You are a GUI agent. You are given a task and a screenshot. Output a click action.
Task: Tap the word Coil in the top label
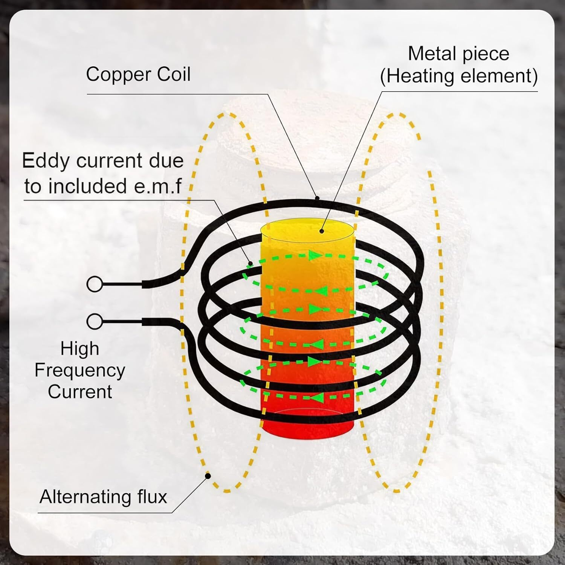[174, 74]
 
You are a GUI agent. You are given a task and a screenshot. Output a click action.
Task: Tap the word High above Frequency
[80, 349]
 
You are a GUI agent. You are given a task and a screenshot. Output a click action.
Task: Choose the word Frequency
[80, 371]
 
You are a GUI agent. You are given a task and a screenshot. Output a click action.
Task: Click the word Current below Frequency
[80, 392]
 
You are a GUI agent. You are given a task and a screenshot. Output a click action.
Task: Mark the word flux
[153, 497]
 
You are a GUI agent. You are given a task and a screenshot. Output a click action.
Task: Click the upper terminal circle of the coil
[95, 284]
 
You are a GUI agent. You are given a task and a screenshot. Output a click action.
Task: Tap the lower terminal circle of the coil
[95, 322]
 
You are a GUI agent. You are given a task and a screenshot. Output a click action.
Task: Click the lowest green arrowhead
[316, 397]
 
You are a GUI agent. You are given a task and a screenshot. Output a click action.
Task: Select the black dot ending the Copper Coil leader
[317, 198]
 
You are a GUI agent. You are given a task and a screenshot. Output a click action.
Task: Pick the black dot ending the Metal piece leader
[322, 231]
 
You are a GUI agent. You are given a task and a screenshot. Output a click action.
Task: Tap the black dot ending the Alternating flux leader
[208, 476]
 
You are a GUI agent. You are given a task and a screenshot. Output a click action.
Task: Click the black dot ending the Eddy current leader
[249, 263]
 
